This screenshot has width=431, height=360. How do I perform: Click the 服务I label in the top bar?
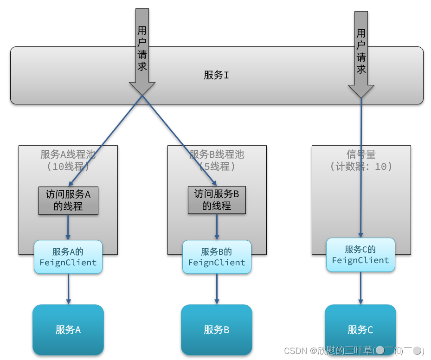216,75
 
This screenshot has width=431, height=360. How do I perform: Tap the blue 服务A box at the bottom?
68,330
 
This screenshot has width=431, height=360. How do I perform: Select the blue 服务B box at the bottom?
217,330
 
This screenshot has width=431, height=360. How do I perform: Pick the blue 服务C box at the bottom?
360,330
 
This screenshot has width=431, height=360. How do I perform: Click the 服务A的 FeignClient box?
68,257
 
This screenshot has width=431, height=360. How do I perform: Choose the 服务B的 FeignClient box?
217,257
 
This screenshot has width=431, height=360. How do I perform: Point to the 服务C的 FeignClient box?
360,255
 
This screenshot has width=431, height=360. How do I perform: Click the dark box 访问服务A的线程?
68,200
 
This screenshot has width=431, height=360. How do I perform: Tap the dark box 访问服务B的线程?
217,200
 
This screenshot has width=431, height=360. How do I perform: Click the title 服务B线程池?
217,154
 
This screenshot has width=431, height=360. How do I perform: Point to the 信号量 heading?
361,154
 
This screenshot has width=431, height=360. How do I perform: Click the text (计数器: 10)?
361,167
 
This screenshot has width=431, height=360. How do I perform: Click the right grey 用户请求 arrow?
361,51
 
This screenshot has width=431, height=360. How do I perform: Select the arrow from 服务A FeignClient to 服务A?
68,289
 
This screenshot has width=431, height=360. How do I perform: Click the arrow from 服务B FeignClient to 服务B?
217,289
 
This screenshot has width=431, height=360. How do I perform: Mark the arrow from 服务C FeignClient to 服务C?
360,288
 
